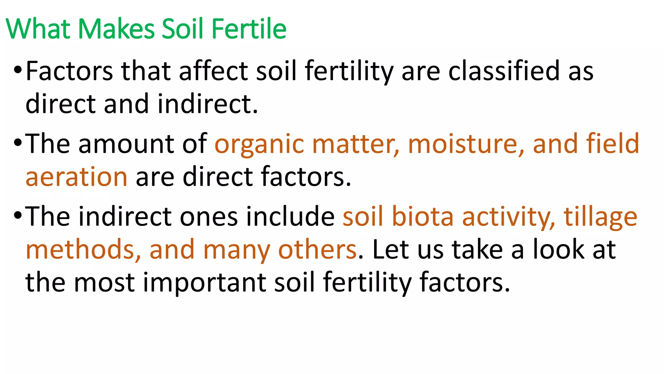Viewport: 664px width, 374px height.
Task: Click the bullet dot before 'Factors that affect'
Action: pos(18,70)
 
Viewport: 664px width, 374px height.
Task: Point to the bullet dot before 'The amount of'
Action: pos(18,143)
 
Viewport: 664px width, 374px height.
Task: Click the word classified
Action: pos(504,71)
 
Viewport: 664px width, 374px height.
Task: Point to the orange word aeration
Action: pos(76,177)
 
